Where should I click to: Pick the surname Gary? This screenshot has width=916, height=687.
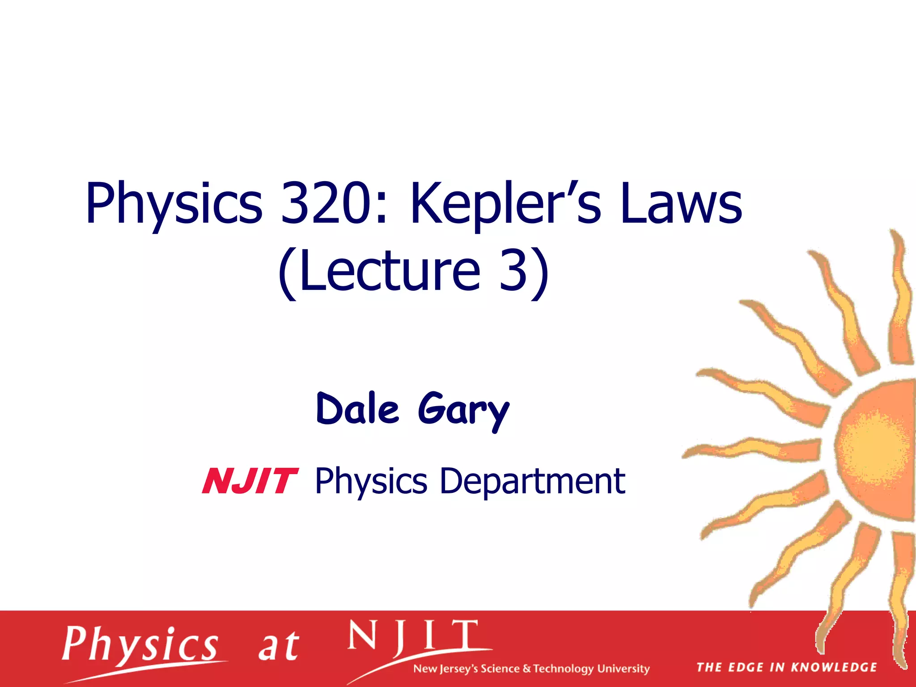pyautogui.click(x=464, y=411)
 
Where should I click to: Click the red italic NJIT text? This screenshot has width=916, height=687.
pyautogui.click(x=250, y=481)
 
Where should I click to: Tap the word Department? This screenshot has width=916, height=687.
pyautogui.click(x=532, y=481)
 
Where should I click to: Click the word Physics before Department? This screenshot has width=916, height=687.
pyautogui.click(x=371, y=482)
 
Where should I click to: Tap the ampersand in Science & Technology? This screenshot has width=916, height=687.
pyautogui.click(x=527, y=669)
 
